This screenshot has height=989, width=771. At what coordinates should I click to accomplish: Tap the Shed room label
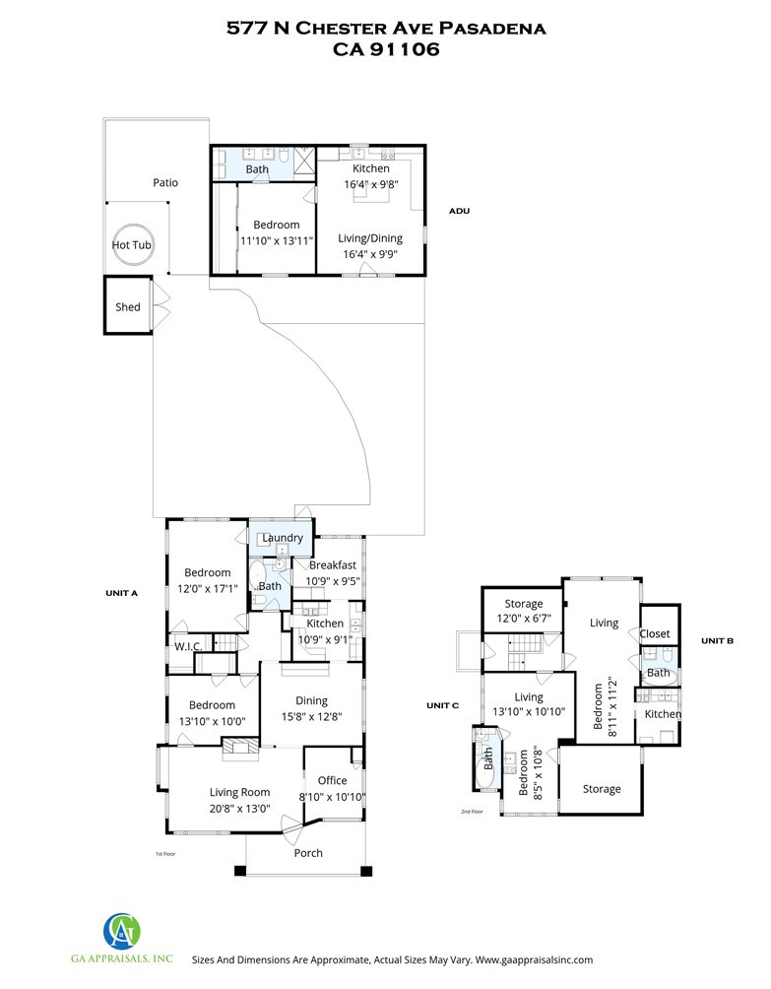tap(127, 307)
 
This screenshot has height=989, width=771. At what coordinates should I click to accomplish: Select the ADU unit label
tap(459, 211)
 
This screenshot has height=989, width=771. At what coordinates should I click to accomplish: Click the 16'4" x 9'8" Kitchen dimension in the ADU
tap(370, 184)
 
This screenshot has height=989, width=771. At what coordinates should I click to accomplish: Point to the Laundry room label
tap(283, 538)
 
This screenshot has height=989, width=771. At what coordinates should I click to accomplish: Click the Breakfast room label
tap(332, 565)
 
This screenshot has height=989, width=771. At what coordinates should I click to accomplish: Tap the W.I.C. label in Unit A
tap(188, 646)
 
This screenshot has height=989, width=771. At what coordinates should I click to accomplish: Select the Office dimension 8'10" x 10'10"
tap(332, 797)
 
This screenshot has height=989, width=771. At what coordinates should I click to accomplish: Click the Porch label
tap(308, 853)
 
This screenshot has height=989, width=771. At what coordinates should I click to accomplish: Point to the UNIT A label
tap(122, 593)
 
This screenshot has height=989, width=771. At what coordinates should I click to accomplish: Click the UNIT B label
tap(718, 641)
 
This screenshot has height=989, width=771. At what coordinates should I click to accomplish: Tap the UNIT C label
tap(442, 705)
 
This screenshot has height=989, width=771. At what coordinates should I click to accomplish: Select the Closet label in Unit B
tap(655, 634)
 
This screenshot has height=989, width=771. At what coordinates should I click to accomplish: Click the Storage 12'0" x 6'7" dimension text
tap(524, 619)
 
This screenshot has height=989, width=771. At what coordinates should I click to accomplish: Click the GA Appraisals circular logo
tap(122, 932)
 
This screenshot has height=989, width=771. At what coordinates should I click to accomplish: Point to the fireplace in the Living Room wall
tap(240, 745)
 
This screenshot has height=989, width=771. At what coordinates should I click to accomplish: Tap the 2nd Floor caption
tap(472, 811)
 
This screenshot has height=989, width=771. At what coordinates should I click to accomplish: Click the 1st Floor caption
tap(165, 854)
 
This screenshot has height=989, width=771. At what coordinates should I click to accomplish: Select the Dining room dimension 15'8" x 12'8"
tap(311, 716)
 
